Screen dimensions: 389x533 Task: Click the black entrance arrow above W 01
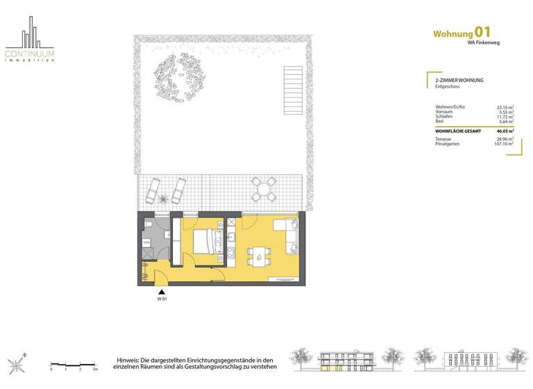click(x=162, y=292)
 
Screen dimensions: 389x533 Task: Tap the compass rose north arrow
click(x=17, y=363)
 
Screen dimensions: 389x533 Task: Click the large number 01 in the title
click(x=484, y=31)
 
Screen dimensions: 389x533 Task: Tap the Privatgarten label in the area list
click(x=439, y=144)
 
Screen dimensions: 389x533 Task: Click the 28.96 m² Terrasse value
click(x=505, y=139)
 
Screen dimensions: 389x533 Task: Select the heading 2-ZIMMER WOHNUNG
click(x=454, y=81)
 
